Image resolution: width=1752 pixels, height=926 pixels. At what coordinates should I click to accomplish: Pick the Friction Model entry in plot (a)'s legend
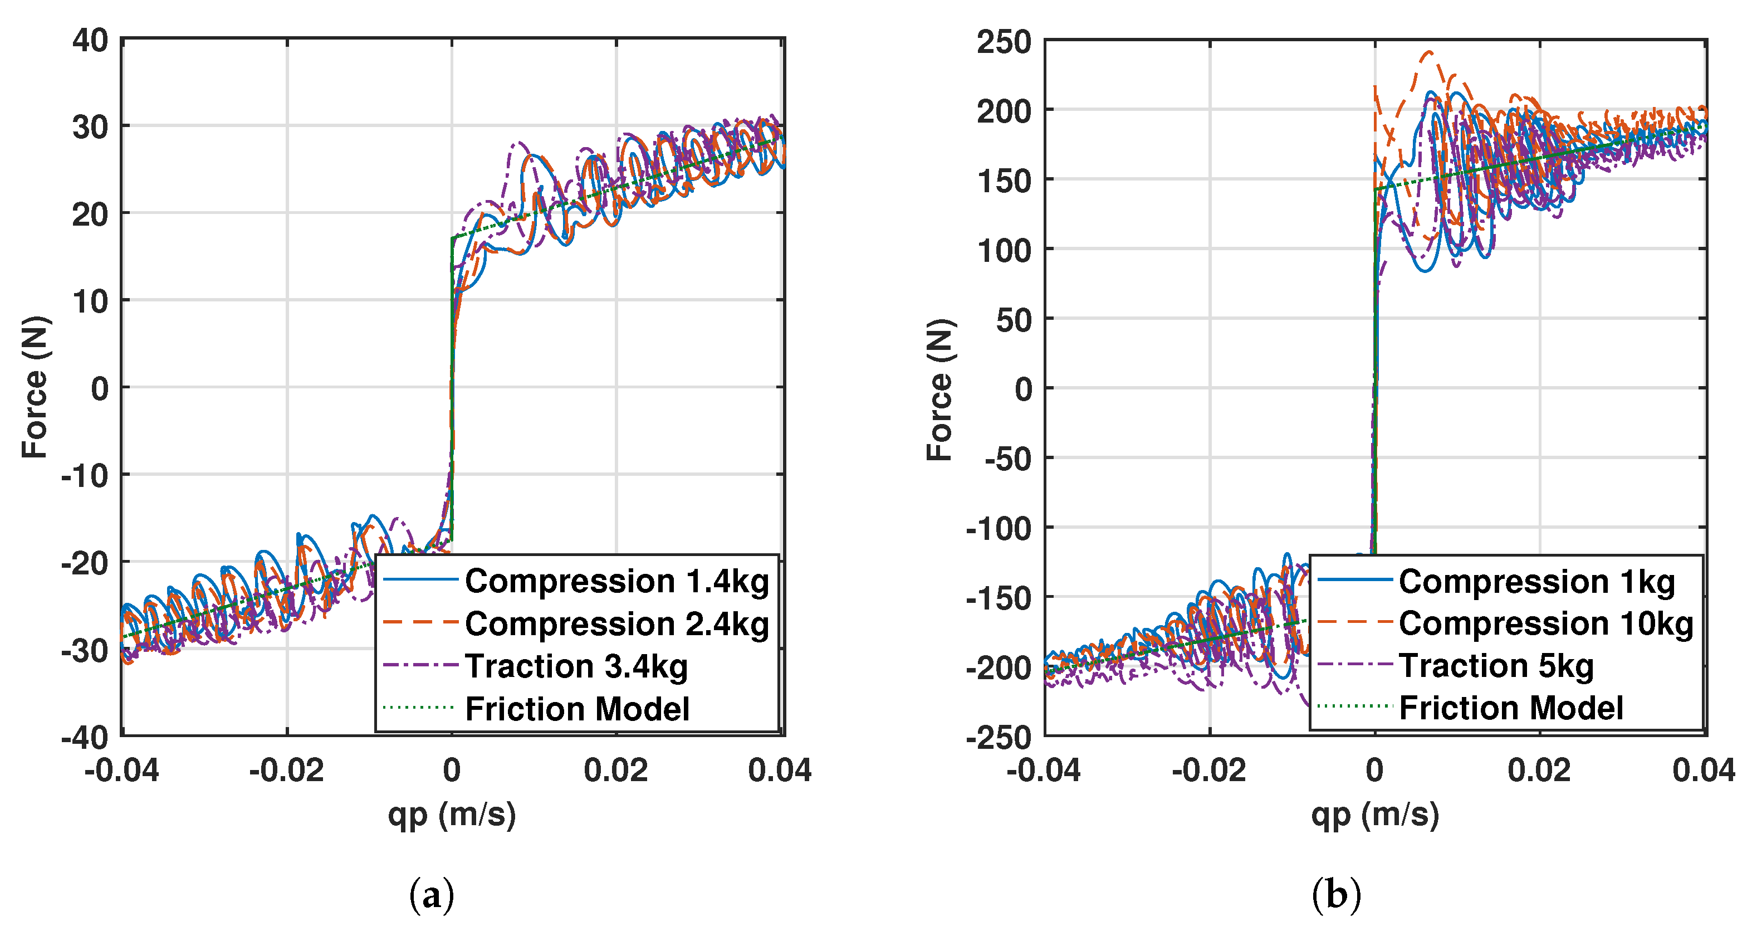[577, 709]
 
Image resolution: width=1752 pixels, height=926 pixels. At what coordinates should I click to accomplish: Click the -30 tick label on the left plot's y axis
[85, 650]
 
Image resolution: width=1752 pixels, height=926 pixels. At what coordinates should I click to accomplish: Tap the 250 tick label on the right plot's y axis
[1004, 42]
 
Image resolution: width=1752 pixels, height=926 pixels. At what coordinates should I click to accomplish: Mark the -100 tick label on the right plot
[999, 529]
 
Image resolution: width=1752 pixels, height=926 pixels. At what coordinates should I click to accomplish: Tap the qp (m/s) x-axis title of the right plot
[1374, 815]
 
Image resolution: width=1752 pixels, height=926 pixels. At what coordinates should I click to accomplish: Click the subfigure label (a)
[431, 895]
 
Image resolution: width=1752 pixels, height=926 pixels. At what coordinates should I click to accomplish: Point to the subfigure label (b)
[1336, 895]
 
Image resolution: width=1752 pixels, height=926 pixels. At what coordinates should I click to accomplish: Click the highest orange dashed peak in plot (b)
[1429, 52]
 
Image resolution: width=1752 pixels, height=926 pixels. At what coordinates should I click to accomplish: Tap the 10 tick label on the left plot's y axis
[91, 301]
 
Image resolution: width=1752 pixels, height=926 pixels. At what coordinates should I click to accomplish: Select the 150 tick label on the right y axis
[1004, 181]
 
